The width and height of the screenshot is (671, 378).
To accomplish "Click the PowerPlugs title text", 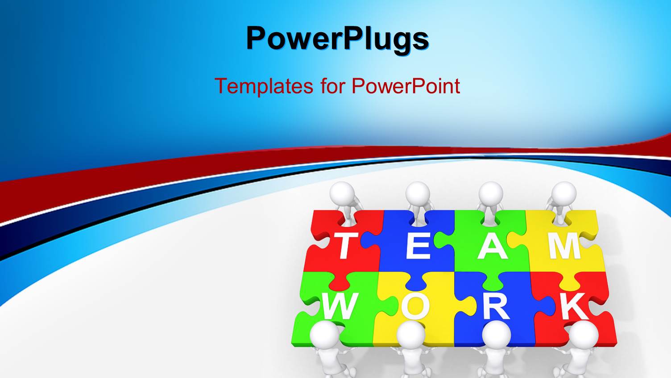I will click(x=337, y=38).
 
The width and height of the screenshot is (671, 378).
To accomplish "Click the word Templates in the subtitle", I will click(x=264, y=86).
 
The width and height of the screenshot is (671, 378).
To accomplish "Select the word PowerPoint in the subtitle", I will click(x=406, y=86).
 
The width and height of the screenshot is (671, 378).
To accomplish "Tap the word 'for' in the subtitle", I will click(x=332, y=86).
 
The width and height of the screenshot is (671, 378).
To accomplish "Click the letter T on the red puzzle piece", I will click(x=344, y=246).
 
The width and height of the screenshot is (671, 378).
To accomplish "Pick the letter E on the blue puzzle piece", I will click(x=418, y=246).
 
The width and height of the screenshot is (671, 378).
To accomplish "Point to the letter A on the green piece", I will click(x=492, y=246).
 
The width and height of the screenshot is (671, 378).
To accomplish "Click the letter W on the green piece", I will click(x=340, y=307).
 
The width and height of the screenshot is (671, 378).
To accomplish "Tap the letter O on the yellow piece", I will click(x=415, y=307).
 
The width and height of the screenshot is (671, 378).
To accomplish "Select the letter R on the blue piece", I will click(x=496, y=307).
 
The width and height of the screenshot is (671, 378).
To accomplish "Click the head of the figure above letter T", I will click(x=343, y=193).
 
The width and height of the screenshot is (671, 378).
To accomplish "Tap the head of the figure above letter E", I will click(x=418, y=193).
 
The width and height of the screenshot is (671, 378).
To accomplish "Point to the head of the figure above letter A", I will click(x=491, y=193).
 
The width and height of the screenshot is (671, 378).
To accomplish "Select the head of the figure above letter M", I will click(x=564, y=193).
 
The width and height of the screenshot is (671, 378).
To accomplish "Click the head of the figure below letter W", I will click(x=324, y=335).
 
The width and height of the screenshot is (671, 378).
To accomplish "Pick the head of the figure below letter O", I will click(x=410, y=335).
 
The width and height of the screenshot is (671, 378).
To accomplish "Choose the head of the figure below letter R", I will click(x=497, y=335).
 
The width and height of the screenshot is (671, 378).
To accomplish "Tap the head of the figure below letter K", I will click(x=584, y=335).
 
